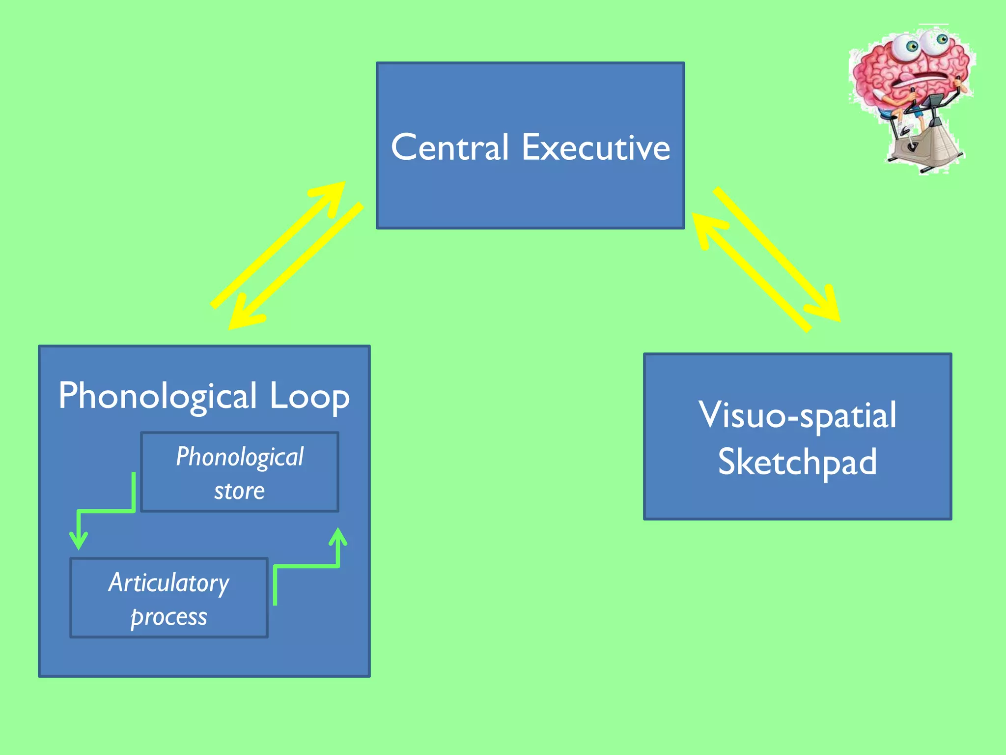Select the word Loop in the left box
click(309, 396)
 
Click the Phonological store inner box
click(240, 472)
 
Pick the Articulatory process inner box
click(169, 598)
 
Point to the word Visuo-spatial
click(797, 415)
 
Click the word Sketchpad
click(797, 462)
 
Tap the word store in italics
click(239, 491)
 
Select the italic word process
click(169, 617)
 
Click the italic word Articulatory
click(169, 583)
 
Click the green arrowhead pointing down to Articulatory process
click(79, 541)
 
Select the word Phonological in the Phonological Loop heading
click(158, 396)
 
